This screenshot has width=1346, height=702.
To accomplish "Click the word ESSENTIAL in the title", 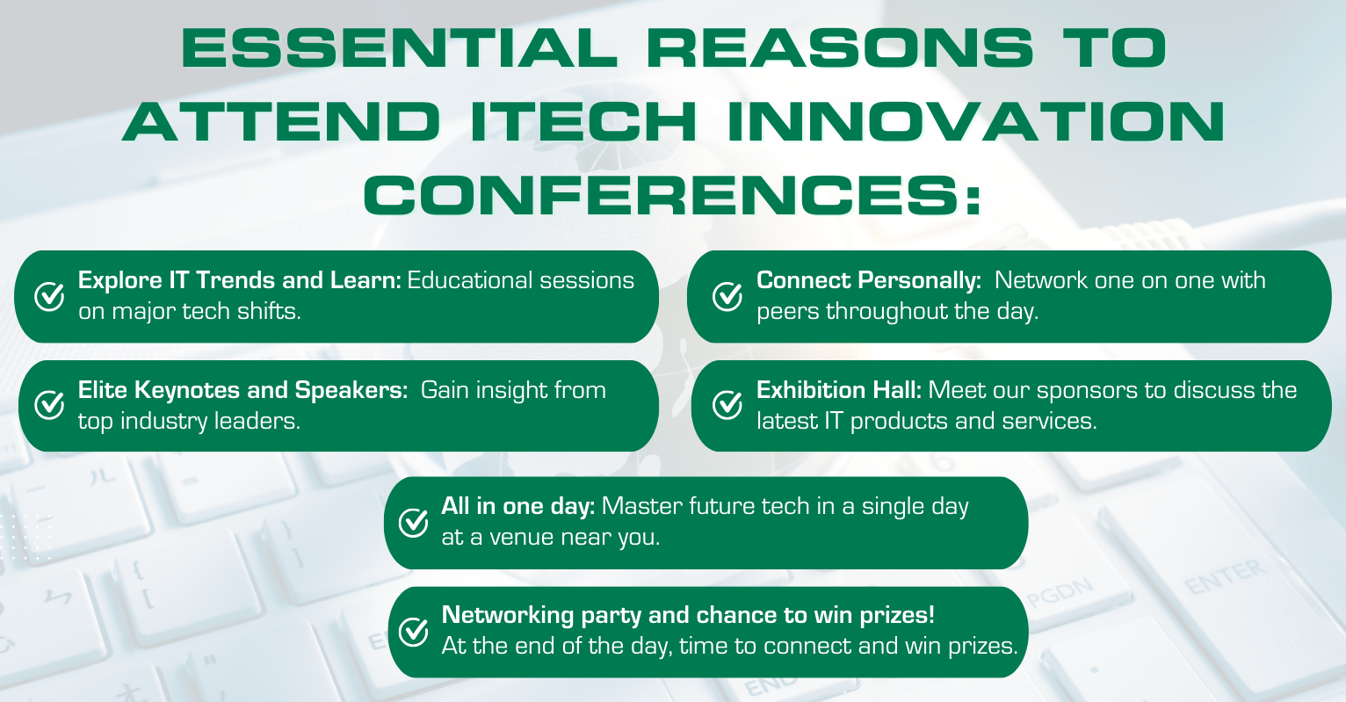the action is [400, 48].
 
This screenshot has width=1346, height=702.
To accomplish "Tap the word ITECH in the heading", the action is [583, 122].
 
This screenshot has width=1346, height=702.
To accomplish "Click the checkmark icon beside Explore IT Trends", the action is [49, 296].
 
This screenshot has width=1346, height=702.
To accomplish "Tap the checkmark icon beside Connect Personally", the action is [727, 296].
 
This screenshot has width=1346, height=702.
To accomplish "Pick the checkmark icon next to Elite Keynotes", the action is [49, 405].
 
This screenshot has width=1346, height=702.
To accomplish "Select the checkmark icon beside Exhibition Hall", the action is [727, 405].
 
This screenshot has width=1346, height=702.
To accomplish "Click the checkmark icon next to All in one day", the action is [414, 522].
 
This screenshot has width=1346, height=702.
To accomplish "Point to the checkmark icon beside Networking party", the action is [414, 631].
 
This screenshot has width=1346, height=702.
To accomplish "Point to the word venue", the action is [520, 538].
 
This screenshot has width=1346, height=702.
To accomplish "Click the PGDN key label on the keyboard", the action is [1060, 592].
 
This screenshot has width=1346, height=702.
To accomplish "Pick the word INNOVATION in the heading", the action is [976, 122].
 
